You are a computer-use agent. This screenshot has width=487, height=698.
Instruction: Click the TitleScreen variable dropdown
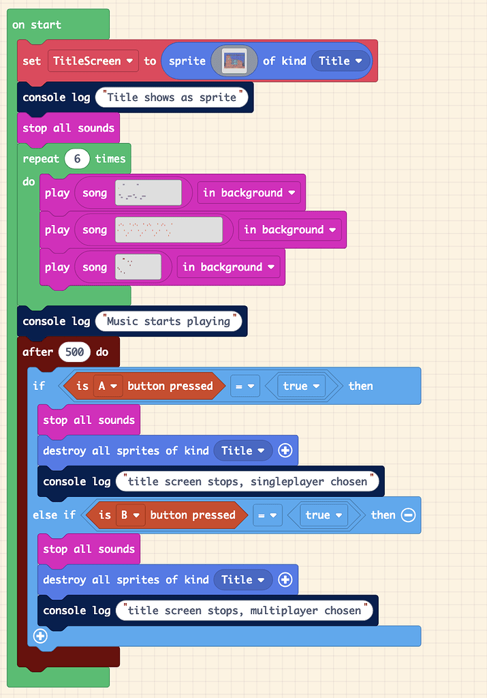pyautogui.click(x=93, y=61)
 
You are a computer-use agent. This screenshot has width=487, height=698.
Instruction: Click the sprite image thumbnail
pyautogui.click(x=234, y=61)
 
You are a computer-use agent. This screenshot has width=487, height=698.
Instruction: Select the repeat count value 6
pyautogui.click(x=78, y=159)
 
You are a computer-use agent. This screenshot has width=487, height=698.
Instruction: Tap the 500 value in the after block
pyautogui.click(x=74, y=352)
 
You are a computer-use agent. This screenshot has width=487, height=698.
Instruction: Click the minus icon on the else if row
pyautogui.click(x=408, y=515)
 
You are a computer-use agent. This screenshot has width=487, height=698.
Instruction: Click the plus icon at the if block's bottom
pyautogui.click(x=40, y=636)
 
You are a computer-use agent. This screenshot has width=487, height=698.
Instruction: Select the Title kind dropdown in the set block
pyautogui.click(x=342, y=61)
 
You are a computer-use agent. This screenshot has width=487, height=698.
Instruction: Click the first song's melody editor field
pyautogui.click(x=148, y=193)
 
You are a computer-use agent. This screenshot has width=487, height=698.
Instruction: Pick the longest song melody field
pyautogui.click(x=169, y=230)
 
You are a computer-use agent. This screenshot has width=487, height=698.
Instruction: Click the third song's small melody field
pyautogui.click(x=138, y=267)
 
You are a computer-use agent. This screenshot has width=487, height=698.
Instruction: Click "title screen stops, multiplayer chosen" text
pyautogui.click(x=245, y=610)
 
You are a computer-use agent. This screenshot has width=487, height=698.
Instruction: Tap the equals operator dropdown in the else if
pyautogui.click(x=267, y=515)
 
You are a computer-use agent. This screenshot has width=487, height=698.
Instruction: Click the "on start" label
pyautogui.click(x=37, y=25)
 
